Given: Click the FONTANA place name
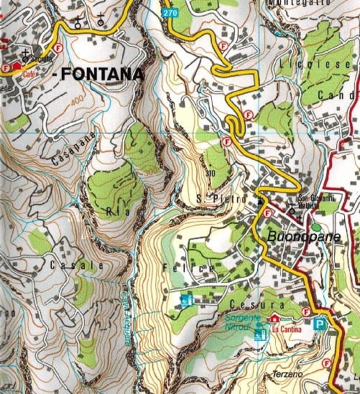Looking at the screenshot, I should [x=101, y=73].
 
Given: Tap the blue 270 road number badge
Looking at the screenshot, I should [x=169, y=13].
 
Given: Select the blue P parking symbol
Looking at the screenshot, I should [x=319, y=324].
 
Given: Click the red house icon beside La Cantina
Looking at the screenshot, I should [x=274, y=319].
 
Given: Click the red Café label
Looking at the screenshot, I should [x=29, y=74].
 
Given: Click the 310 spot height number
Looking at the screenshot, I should [x=210, y=173].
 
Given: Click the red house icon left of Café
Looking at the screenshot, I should [x=17, y=65].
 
